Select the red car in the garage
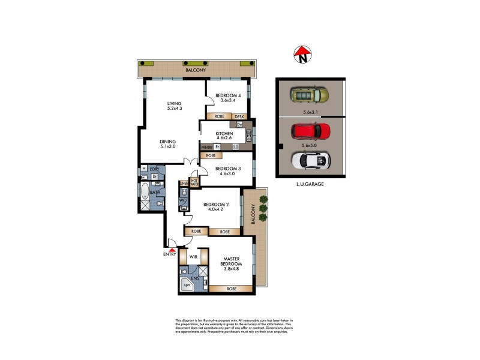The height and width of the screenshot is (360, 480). point(310,131)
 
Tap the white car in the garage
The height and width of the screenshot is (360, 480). point(310,160)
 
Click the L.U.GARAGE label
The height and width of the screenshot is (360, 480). point(310,185)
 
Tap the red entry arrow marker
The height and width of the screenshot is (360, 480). point(172,250)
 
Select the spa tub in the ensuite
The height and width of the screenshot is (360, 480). point(187,286)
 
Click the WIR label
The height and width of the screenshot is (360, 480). point(193,257)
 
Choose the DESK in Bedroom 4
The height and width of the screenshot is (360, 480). point(239,116)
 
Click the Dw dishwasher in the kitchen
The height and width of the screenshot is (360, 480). point(239,125)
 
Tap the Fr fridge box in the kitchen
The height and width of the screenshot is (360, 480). point(217,146)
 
